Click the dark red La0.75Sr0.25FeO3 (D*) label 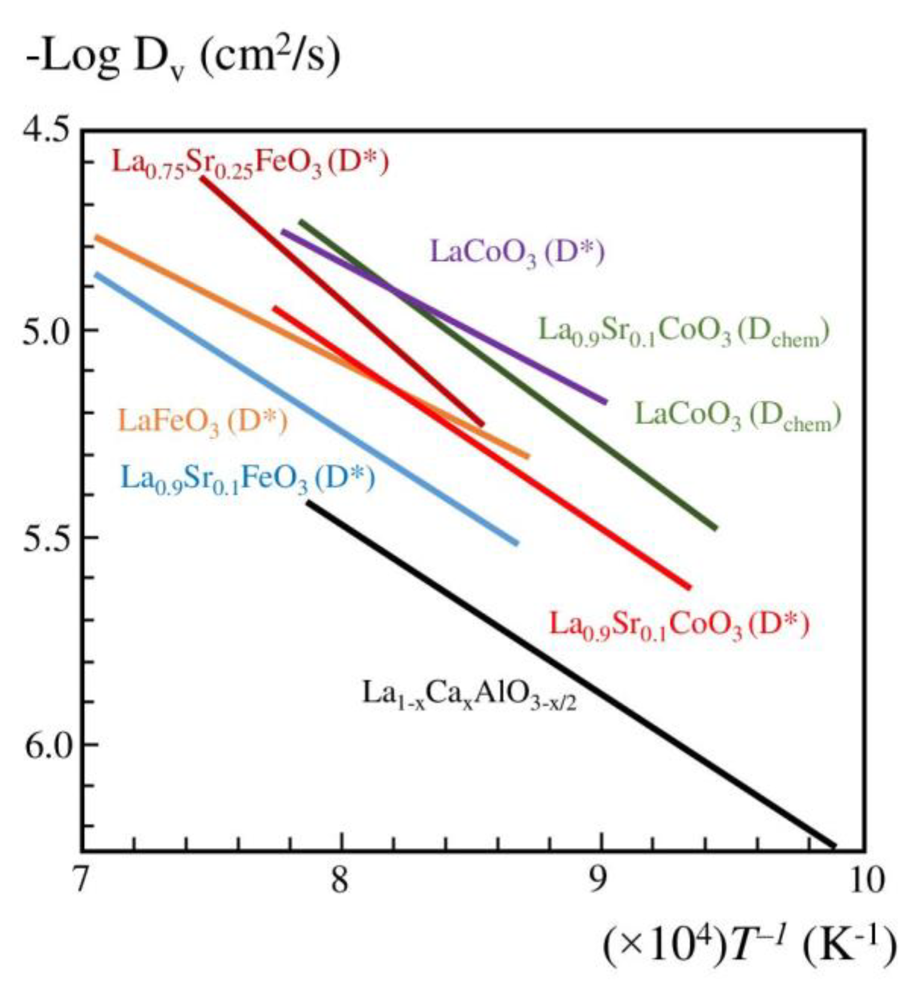[250, 163]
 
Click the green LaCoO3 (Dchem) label [737, 416]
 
